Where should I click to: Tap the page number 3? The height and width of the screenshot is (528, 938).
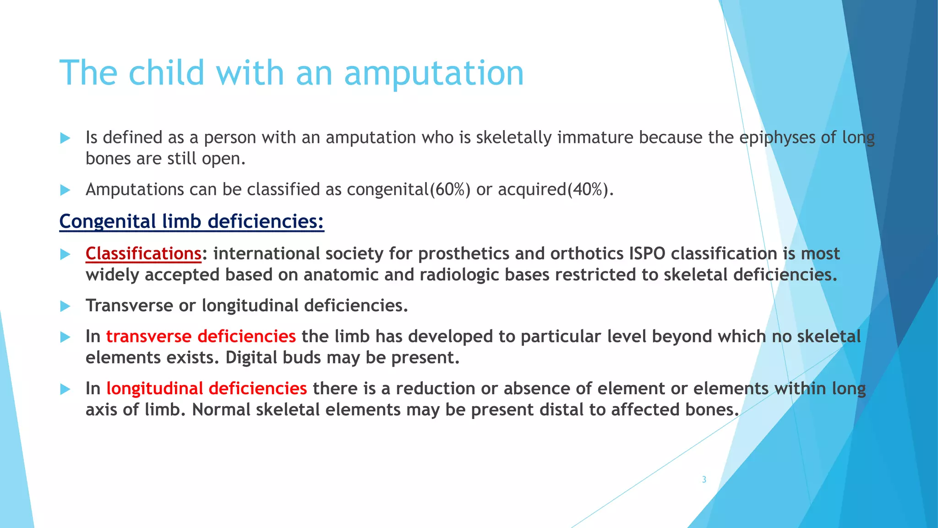point(704,479)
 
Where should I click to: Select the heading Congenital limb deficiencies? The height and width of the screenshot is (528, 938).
point(191,221)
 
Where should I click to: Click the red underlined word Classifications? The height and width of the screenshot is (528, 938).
point(143,253)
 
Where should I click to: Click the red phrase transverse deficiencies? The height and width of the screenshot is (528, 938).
point(201,336)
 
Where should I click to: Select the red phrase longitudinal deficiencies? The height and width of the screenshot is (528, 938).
point(206,389)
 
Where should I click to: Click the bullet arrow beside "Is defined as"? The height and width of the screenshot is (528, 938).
point(65,138)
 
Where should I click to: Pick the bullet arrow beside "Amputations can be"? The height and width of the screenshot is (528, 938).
point(65,190)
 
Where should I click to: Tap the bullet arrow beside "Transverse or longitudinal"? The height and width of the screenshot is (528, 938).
point(65,306)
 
